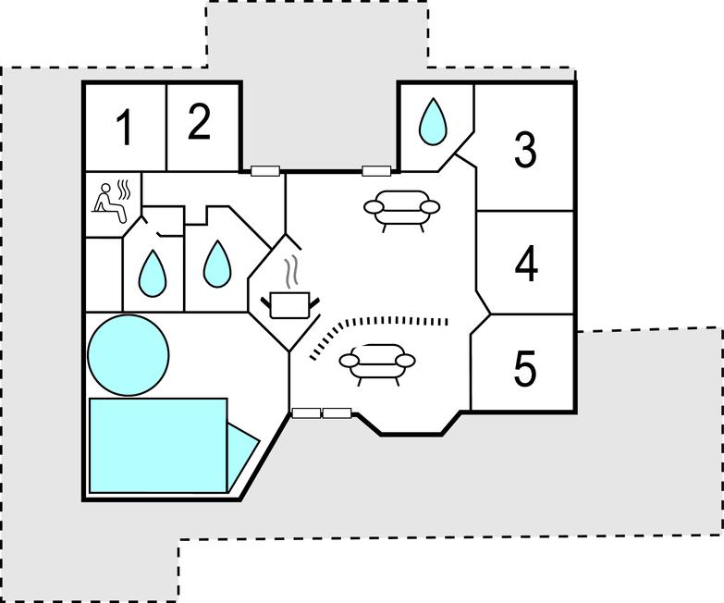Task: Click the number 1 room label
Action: [124, 128]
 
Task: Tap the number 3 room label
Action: [525, 149]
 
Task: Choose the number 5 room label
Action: [524, 369]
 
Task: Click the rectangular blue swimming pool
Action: [158, 445]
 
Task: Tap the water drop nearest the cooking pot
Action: [216, 264]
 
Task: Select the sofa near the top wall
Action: [401, 207]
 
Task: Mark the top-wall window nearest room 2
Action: [264, 170]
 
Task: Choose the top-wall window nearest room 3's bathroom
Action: [374, 170]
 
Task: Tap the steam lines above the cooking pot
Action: [291, 270]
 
